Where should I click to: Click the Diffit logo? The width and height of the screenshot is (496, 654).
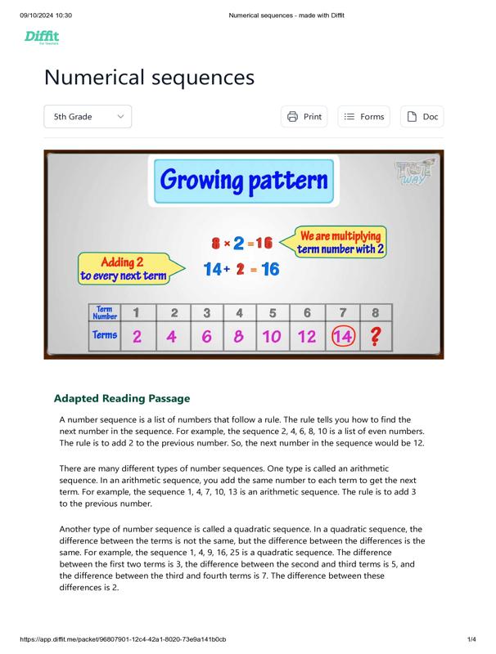[x=42, y=37]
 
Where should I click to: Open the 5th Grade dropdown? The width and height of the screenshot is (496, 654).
[x=87, y=117]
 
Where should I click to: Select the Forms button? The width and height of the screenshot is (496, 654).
[x=363, y=117]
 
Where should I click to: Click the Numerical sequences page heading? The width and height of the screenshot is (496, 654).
[x=149, y=78]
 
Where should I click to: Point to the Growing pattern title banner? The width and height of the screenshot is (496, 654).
[x=244, y=180]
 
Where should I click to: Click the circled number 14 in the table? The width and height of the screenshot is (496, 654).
[x=341, y=335]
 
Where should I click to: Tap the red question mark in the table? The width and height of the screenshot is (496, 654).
[x=375, y=335]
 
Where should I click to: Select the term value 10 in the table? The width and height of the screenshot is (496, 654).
[x=272, y=335]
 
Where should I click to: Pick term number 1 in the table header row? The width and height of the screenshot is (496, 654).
[x=137, y=312]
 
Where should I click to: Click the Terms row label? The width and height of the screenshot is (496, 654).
[x=105, y=335]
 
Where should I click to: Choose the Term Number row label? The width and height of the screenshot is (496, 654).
[x=105, y=312]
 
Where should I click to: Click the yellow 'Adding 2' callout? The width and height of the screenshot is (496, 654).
[x=123, y=269]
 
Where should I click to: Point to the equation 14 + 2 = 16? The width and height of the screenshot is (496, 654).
[x=241, y=269]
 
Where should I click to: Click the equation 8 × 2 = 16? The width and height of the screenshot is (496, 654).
[x=241, y=243]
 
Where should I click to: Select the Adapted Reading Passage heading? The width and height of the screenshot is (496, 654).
[x=122, y=398]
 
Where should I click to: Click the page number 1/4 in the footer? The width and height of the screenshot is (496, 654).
[x=471, y=638]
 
